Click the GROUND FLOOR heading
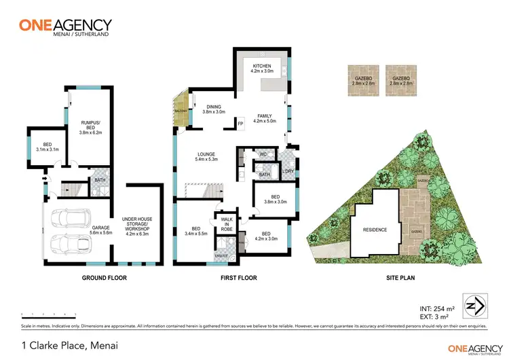pyautogui.click(x=104, y=278)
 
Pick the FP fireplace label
pyautogui.click(x=240, y=123)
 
